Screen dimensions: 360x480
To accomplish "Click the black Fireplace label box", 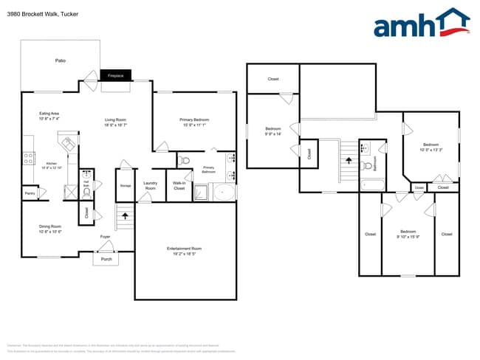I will [x=115, y=75].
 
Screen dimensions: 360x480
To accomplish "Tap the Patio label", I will [x=61, y=60].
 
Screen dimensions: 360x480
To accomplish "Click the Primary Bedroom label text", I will [x=194, y=120].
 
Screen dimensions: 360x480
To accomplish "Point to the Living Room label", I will [x=115, y=122].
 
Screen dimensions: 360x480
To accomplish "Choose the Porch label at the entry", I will [x=106, y=259].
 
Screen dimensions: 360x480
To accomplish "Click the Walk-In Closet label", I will [x=179, y=187].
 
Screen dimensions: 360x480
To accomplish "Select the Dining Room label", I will [x=49, y=229].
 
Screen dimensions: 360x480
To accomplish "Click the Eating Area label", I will [x=49, y=116].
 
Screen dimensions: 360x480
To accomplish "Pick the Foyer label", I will [x=106, y=237].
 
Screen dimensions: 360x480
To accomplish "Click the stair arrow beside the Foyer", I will [x=124, y=216].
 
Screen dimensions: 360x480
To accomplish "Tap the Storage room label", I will [x=126, y=185].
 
